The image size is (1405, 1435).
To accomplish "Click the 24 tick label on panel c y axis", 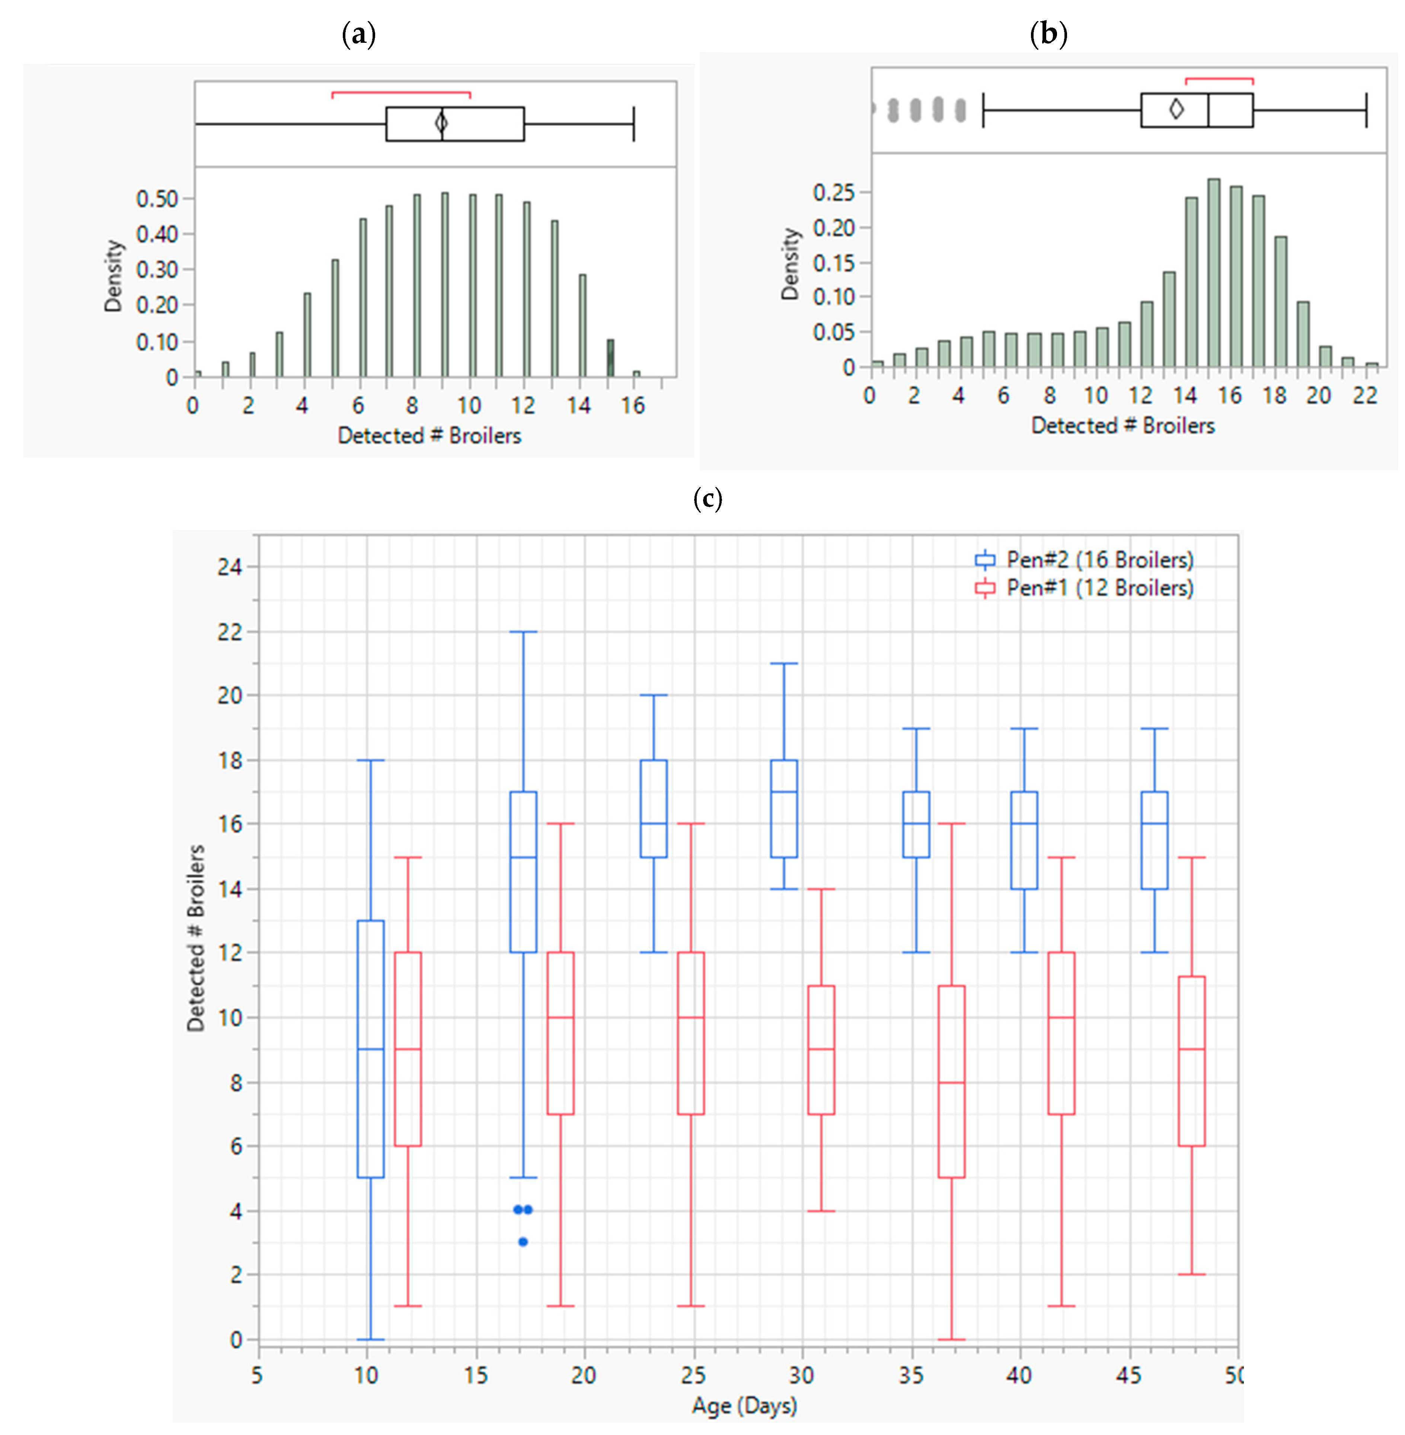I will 230,567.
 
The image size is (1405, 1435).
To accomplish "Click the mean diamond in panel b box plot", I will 1176,109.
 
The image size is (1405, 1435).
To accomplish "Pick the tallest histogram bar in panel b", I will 1213,273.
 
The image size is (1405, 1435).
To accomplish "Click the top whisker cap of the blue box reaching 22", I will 523,631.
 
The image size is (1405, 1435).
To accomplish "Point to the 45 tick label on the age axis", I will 1128,1375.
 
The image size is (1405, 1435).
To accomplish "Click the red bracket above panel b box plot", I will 1219,78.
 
